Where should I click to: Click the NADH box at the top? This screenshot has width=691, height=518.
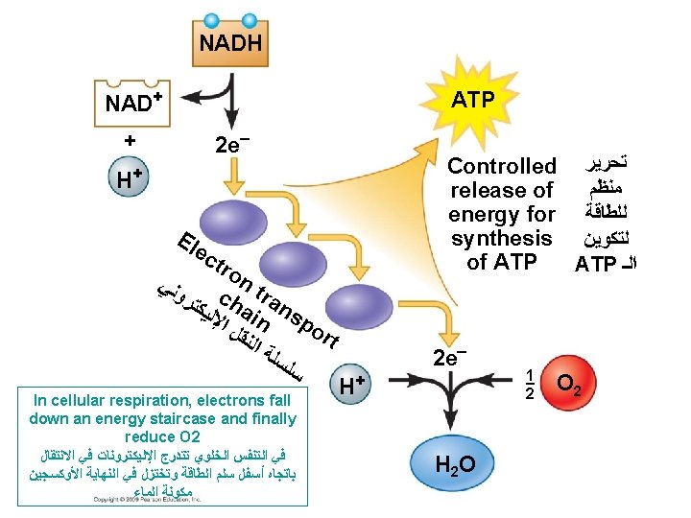230,43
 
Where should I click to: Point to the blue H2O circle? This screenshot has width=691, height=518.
453,466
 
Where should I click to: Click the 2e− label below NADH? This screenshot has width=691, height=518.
233,146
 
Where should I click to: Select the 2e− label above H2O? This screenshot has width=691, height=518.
450,358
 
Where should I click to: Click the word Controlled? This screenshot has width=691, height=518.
502,166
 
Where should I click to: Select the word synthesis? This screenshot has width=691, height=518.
502,238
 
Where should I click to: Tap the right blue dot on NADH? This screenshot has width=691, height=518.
250,20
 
